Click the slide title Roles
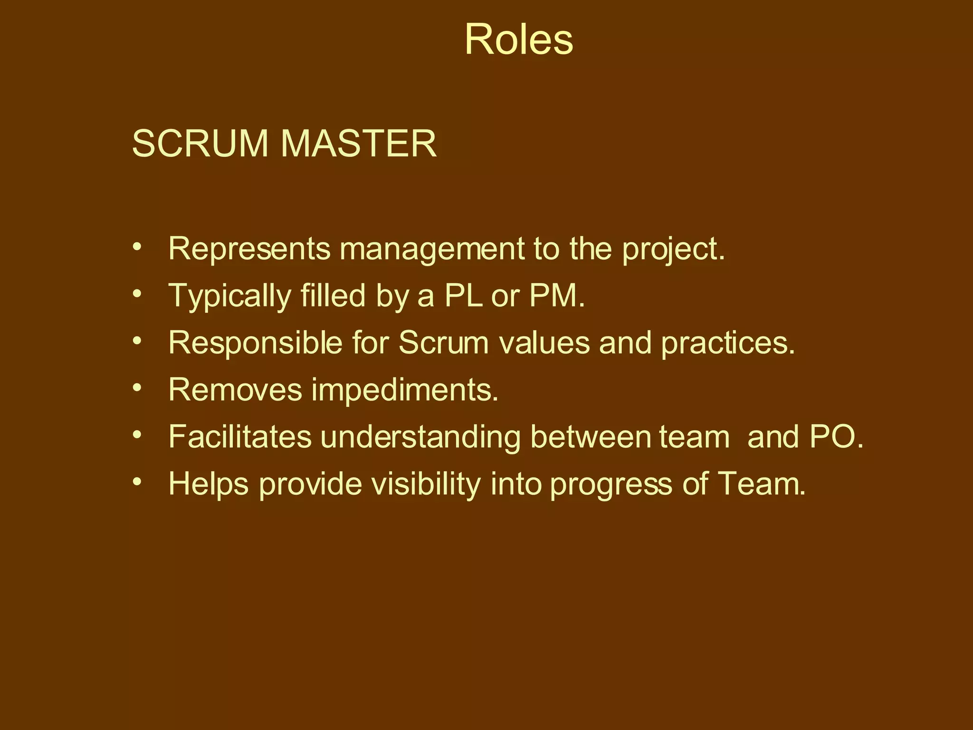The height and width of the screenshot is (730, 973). click(519, 39)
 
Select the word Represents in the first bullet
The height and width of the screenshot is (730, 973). click(249, 249)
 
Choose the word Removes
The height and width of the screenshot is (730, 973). click(235, 390)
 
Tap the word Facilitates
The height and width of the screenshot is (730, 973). click(240, 437)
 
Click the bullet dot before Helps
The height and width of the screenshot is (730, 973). click(137, 482)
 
